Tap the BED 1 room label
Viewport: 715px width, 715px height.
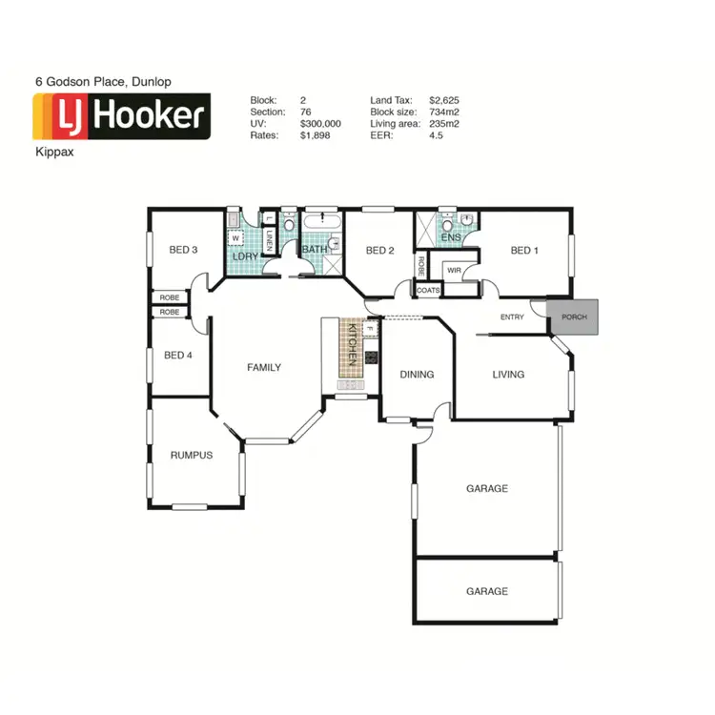click(524, 251)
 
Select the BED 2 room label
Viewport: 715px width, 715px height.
click(380, 251)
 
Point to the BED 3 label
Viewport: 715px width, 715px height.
click(183, 251)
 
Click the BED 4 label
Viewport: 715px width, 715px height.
click(178, 356)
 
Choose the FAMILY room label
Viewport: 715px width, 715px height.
click(264, 367)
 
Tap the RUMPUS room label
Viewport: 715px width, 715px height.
click(192, 455)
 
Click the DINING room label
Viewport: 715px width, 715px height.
click(417, 375)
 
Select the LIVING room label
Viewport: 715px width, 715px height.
click(508, 375)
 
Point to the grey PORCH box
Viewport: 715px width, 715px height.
click(575, 317)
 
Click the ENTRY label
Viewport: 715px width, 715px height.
click(513, 317)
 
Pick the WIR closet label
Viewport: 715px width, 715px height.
click(454, 271)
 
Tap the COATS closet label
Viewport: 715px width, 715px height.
click(429, 290)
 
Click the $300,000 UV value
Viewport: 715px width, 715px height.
click(320, 124)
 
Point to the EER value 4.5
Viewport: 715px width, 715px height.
click(437, 136)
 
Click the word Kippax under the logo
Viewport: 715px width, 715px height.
click(53, 152)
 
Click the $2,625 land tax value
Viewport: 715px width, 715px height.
click(445, 99)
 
